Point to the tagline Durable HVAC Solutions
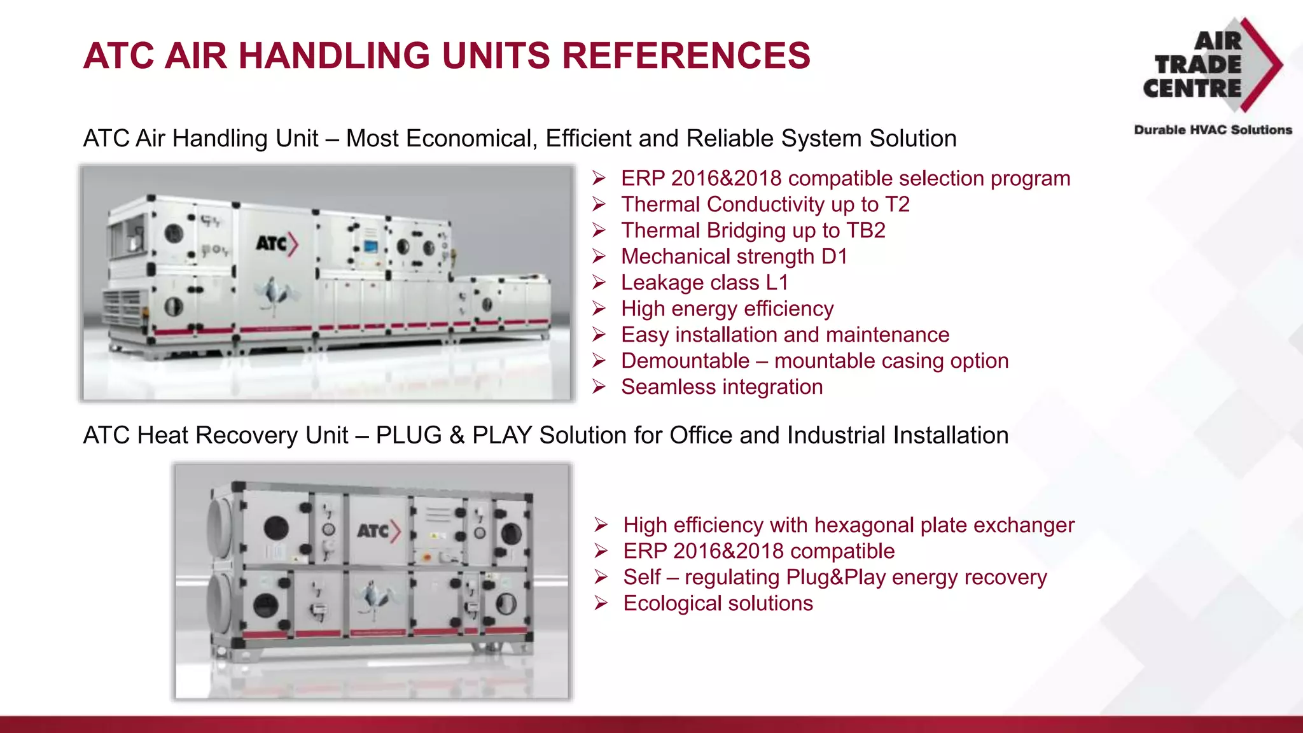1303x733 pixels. tap(1213, 130)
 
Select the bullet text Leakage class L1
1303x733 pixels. tap(704, 283)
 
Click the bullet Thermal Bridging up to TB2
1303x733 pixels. tap(753, 230)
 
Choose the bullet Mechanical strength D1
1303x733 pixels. tap(734, 256)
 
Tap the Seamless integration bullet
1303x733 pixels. tap(721, 387)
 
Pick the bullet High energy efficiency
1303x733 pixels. tap(727, 309)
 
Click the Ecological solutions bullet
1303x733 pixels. tap(718, 603)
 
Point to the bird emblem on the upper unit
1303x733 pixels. tap(275, 295)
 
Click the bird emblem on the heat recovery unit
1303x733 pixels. tap(377, 597)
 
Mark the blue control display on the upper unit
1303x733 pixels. tap(370, 247)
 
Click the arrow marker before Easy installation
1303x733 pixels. tap(599, 335)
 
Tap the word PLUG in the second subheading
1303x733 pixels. tap(408, 436)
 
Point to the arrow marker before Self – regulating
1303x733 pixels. tap(601, 577)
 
